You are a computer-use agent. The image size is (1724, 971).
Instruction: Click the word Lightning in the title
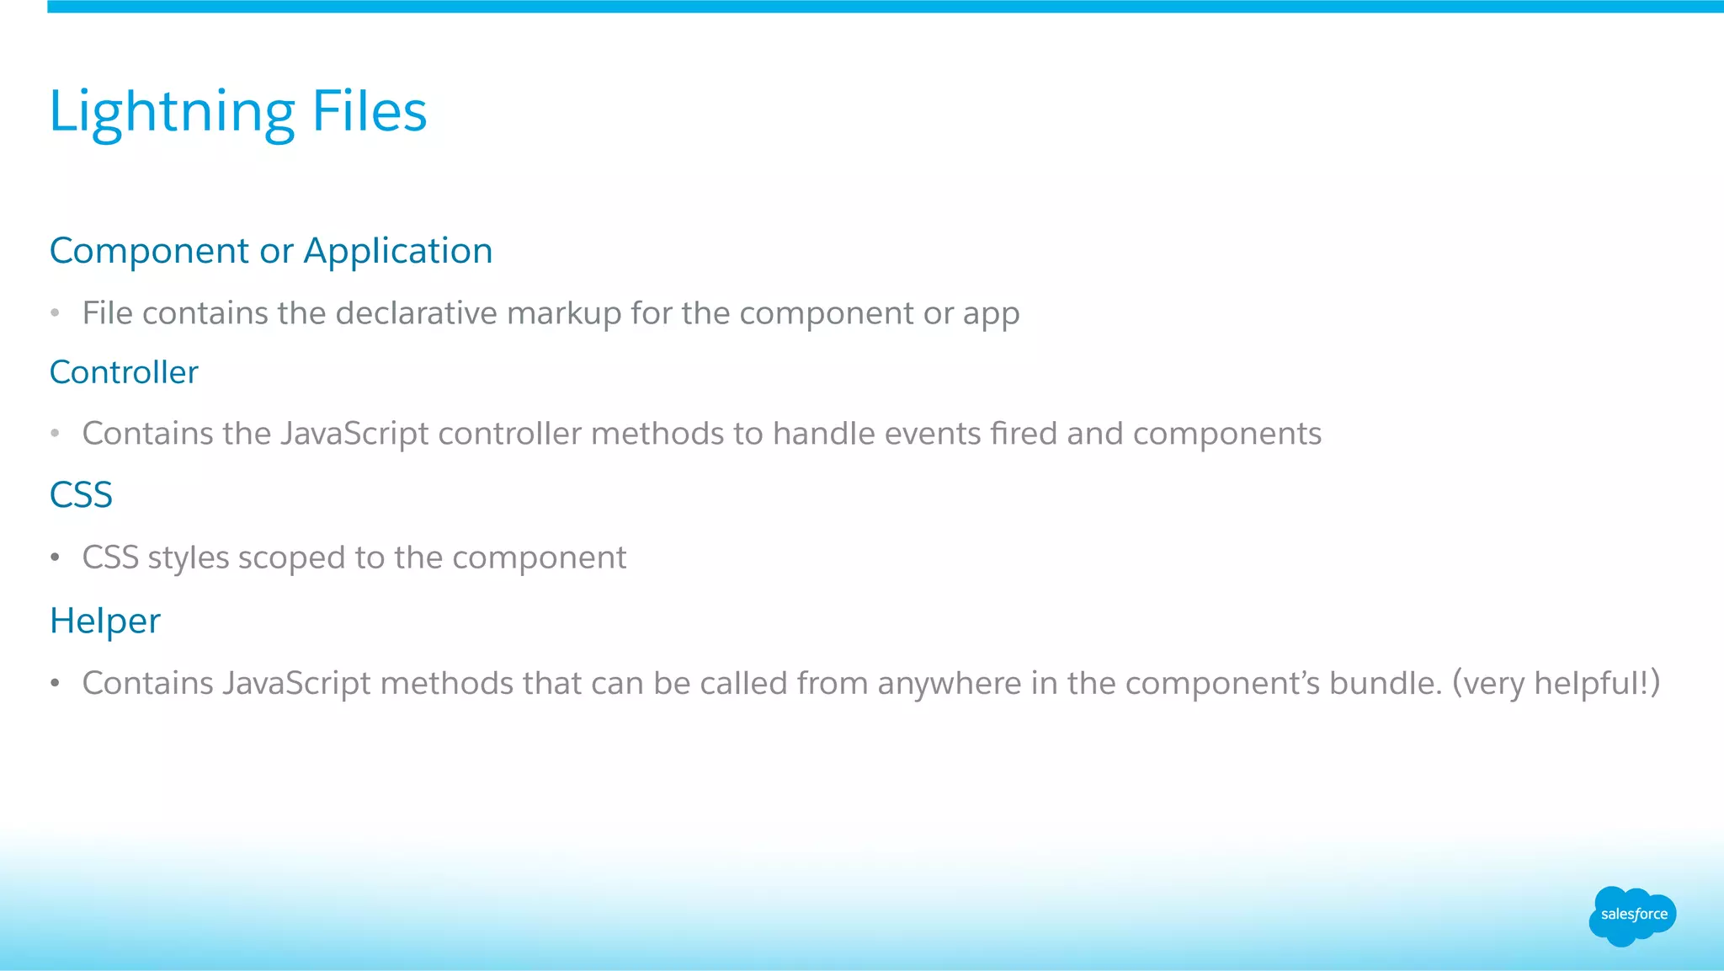[172, 112]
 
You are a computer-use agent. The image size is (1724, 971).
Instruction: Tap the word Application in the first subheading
[397, 252]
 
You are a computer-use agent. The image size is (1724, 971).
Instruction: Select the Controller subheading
[124, 372]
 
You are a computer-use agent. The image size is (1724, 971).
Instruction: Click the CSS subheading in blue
[81, 494]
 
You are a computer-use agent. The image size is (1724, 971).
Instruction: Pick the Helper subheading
[104, 622]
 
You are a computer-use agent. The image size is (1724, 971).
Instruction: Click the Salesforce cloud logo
[1632, 915]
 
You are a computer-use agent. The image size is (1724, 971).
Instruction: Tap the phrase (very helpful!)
[1556, 683]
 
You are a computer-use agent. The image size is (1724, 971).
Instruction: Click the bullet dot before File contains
[55, 313]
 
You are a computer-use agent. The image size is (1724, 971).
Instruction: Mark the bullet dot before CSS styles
[55, 558]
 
